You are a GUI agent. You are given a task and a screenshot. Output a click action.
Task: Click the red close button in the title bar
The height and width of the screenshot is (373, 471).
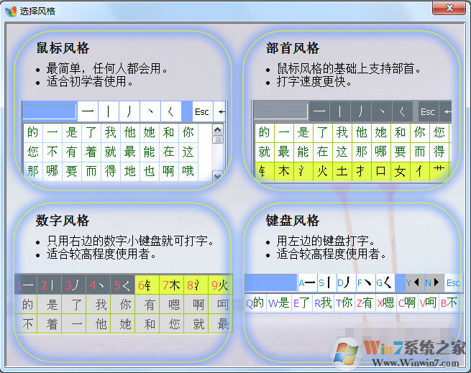coord(450,9)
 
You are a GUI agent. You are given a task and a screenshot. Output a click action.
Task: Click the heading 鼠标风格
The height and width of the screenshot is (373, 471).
coord(63,48)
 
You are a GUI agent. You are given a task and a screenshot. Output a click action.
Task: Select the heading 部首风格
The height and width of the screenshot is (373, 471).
coord(293,48)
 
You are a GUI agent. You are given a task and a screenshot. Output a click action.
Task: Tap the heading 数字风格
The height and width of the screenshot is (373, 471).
coord(63,220)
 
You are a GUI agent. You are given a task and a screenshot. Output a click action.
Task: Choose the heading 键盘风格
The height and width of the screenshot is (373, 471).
coord(293,220)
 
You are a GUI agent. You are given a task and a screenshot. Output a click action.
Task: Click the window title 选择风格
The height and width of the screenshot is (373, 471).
coord(37,11)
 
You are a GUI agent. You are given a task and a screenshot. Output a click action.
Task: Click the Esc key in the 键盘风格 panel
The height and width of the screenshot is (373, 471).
coord(453,282)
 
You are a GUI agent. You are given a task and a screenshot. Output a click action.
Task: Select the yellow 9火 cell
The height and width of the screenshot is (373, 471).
coord(219,285)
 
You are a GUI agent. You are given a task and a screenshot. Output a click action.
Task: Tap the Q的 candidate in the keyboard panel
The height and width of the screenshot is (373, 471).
coord(255,303)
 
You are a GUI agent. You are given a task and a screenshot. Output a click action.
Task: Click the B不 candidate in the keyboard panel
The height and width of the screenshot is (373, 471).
coord(449,303)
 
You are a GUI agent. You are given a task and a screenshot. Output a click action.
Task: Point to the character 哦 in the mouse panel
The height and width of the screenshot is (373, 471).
coord(188,171)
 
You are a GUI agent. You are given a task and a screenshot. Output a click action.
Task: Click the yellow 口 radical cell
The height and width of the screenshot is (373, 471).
coord(381,171)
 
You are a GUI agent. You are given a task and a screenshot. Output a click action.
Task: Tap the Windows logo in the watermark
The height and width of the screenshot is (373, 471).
coord(346,351)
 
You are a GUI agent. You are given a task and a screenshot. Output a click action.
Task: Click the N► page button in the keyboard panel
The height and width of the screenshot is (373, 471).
coord(434,282)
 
